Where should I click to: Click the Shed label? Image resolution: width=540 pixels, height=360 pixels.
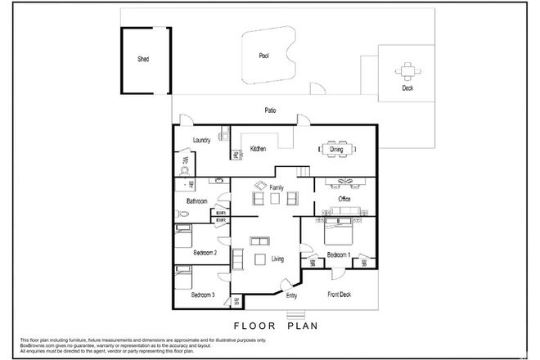click(x=143, y=60)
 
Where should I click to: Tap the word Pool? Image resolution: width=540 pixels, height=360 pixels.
click(x=263, y=57)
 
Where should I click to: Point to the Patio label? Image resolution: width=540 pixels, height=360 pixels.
click(x=269, y=110)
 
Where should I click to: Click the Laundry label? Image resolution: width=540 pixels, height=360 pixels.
click(x=202, y=140)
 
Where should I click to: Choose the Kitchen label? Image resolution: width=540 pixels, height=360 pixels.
click(x=259, y=149)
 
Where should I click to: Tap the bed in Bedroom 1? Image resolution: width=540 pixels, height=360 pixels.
click(x=339, y=235)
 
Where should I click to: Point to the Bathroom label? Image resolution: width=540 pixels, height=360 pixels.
click(x=196, y=200)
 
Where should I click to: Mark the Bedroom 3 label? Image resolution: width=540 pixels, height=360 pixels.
click(x=203, y=295)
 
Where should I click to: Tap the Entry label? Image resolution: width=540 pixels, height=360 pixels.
click(x=290, y=295)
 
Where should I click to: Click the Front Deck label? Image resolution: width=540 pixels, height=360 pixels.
click(x=340, y=295)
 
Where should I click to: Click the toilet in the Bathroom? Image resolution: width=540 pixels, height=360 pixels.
click(x=184, y=214)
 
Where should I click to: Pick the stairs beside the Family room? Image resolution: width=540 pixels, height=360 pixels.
click(x=304, y=171)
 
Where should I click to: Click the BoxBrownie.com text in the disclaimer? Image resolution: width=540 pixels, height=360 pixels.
click(x=25, y=346)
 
